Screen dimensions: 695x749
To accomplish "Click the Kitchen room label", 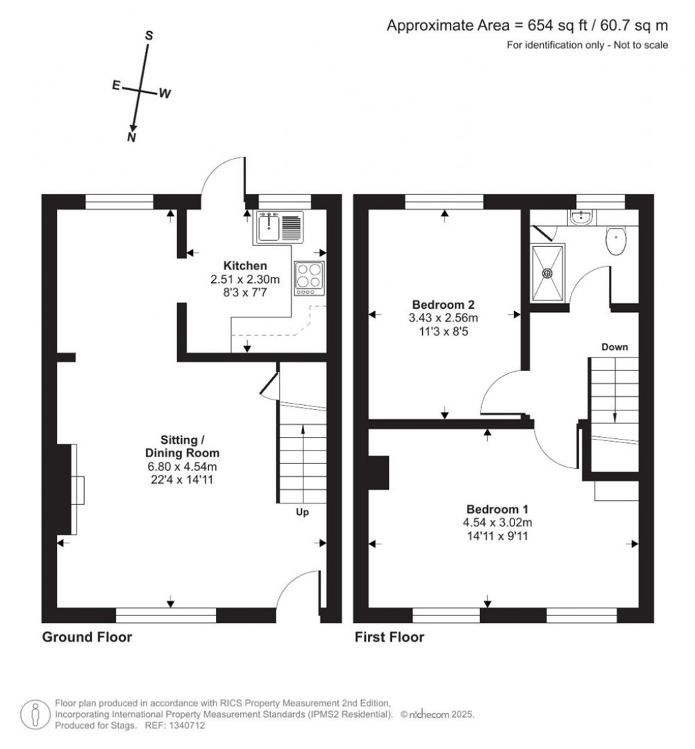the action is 245,265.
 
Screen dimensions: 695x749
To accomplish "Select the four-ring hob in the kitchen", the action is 309,278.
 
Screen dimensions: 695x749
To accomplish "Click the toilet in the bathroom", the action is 616,240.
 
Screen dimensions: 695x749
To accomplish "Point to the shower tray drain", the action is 547,273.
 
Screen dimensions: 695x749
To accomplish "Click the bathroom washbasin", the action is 581,218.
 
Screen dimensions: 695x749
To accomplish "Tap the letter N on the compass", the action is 132,138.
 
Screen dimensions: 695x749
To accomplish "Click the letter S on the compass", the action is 149,36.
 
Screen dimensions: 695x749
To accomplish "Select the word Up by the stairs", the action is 302,512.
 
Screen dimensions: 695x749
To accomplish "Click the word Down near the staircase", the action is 615,347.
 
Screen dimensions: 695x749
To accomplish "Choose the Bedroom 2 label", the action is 443,304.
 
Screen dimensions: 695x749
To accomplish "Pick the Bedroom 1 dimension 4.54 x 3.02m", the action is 497,522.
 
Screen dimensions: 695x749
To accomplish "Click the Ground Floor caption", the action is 87,637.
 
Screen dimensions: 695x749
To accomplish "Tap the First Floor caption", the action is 389,637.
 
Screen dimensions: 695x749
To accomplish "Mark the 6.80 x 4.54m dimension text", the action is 182,466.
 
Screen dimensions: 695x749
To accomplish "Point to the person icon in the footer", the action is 35,714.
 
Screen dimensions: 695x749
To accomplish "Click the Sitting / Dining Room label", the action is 182,446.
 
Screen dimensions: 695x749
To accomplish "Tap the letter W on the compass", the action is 165,94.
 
